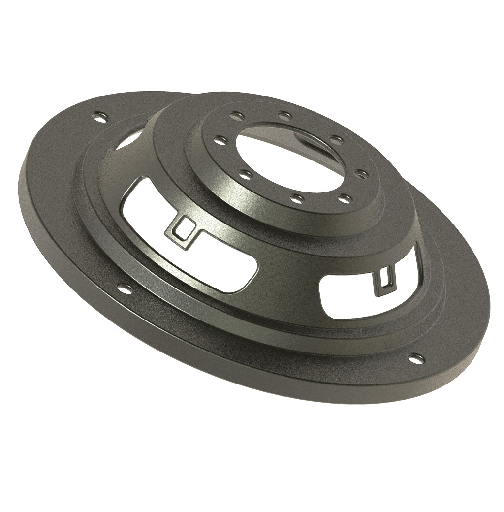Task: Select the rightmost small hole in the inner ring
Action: (360, 173)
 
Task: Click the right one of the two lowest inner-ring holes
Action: (346, 199)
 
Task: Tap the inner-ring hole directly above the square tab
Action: (245, 174)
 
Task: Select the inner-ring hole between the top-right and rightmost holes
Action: (336, 140)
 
